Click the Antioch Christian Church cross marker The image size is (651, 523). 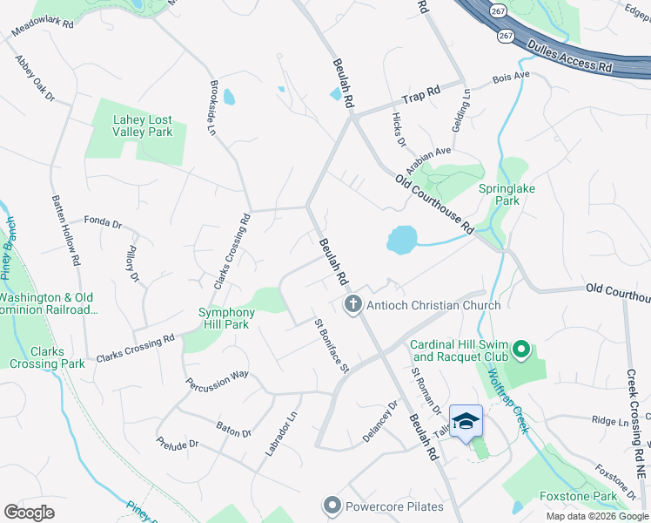(x=352, y=304)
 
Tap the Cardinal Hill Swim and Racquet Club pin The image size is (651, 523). (x=521, y=350)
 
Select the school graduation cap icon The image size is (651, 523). (x=466, y=420)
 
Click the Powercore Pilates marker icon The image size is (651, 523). (x=332, y=506)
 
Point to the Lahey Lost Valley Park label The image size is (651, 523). (x=143, y=126)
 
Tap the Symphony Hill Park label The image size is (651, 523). (x=227, y=318)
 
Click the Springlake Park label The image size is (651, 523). (x=507, y=194)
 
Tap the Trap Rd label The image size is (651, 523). (x=421, y=92)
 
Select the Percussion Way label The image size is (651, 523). (x=217, y=379)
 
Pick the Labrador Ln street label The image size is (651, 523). (x=281, y=433)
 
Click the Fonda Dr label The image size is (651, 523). (x=103, y=223)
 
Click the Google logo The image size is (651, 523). (x=29, y=513)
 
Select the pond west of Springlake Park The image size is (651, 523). (x=401, y=240)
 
